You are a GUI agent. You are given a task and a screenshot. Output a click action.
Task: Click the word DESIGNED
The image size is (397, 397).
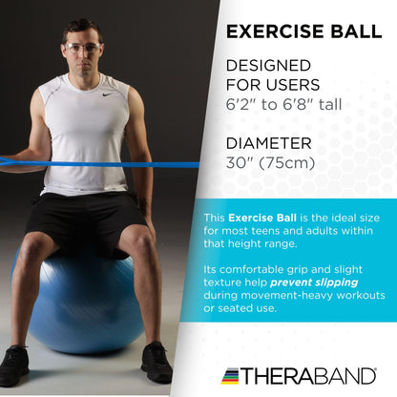(x=268, y=66)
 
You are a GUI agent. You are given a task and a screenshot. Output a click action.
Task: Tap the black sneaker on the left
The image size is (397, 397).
(x=14, y=365)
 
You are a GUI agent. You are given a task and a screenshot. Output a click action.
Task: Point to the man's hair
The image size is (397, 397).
(x=82, y=28)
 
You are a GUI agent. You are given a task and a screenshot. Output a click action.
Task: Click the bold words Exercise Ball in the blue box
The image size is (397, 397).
(x=261, y=218)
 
